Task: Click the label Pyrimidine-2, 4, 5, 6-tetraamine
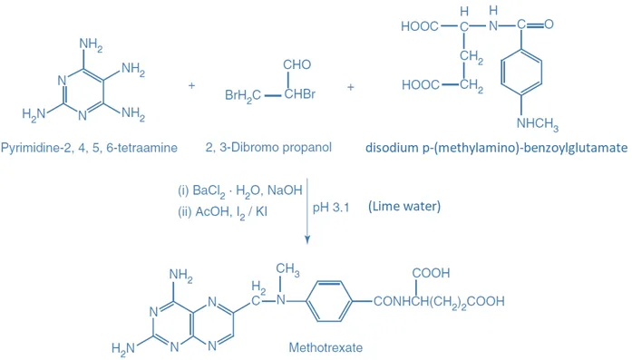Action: [89, 147]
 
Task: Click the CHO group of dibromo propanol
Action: [297, 65]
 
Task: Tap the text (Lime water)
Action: [404, 207]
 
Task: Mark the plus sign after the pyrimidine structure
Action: [191, 86]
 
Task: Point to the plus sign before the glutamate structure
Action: [351, 86]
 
